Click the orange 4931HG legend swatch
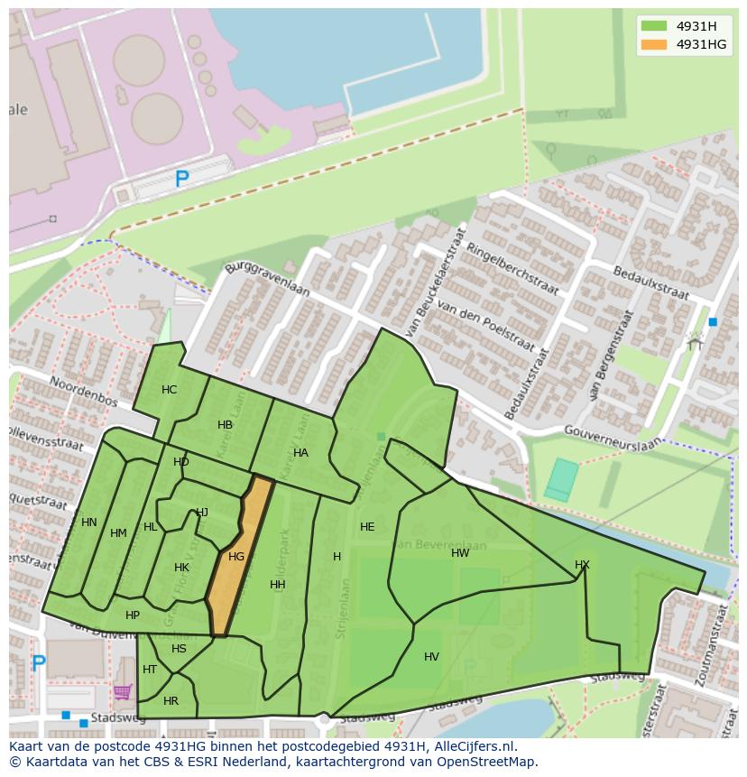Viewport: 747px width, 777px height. (655, 44)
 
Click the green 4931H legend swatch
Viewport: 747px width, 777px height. (655, 25)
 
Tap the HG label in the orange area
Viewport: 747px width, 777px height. (236, 557)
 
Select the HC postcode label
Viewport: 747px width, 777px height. (170, 390)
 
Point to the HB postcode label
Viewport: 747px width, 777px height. (226, 425)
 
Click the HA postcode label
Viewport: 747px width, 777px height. (300, 453)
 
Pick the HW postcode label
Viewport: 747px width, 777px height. (460, 553)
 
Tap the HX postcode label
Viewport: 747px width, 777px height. (582, 565)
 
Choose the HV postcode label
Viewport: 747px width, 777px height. (431, 657)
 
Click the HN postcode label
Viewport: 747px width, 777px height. (89, 523)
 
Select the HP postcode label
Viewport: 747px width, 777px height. (133, 615)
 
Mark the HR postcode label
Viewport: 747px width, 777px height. (171, 701)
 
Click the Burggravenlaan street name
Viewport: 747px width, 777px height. (267, 280)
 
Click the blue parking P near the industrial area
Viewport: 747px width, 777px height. (182, 180)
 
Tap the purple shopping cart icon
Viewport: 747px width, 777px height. (123, 692)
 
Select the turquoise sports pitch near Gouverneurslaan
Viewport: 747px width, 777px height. (561, 479)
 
